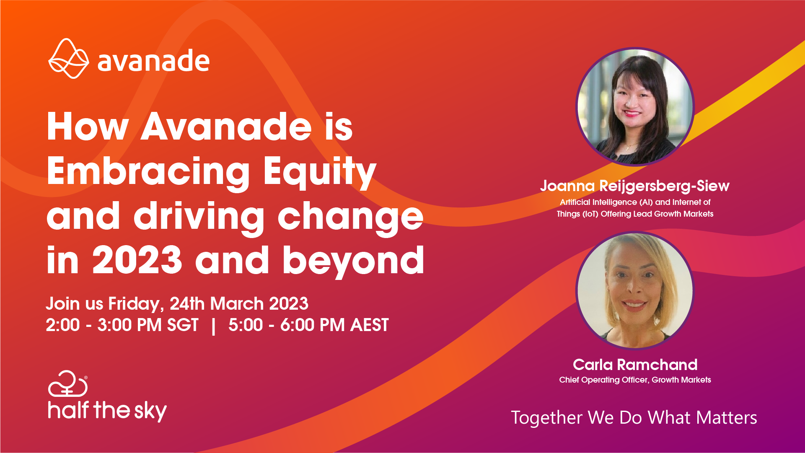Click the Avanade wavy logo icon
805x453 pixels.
69,59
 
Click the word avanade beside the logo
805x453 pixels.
153,61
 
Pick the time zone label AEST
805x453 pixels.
370,325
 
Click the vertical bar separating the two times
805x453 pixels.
214,326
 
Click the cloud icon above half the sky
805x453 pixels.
68,383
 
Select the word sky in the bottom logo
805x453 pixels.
150,411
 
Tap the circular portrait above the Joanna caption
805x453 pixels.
635,107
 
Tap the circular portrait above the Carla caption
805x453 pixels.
635,290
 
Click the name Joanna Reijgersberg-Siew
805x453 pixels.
635,186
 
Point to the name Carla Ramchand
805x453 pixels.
635,365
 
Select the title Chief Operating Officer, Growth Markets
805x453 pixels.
635,380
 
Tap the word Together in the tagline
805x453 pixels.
546,418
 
